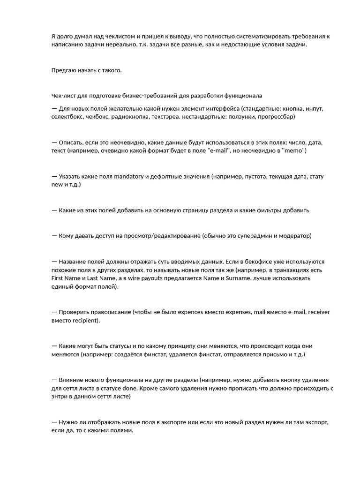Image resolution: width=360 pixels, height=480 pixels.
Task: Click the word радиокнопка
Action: click(x=130, y=116)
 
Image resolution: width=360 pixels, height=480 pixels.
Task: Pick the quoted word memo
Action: click(x=293, y=150)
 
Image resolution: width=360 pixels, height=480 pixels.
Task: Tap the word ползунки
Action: click(x=240, y=116)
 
